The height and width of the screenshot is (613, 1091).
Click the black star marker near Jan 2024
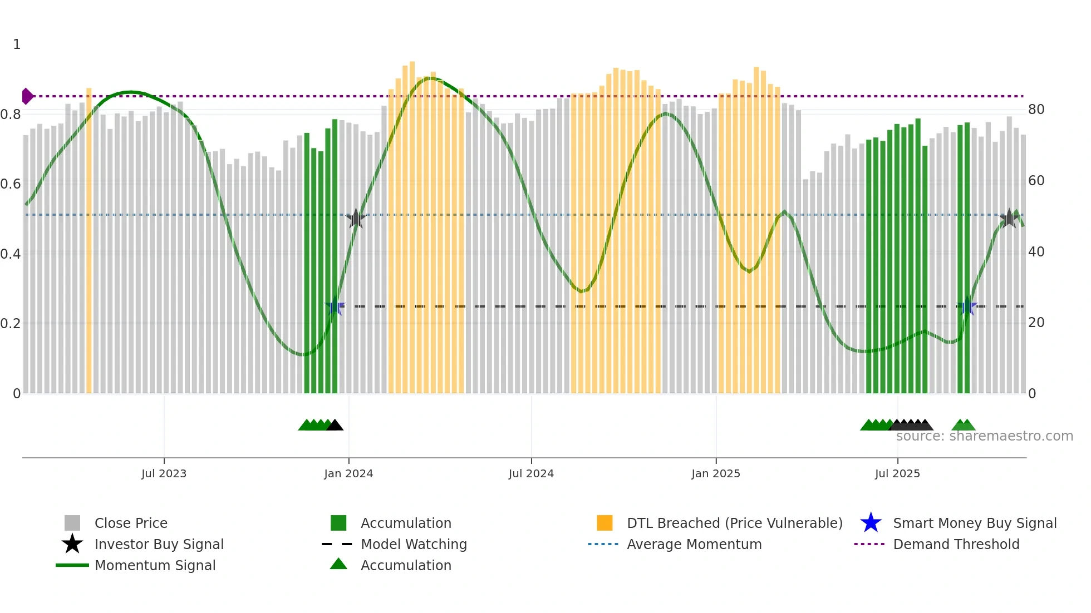(x=356, y=219)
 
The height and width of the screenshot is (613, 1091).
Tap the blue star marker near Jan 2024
(x=335, y=306)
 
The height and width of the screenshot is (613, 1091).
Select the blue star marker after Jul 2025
(x=966, y=306)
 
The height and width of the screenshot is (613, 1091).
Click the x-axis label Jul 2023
(x=164, y=473)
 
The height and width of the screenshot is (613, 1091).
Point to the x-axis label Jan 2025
(x=716, y=473)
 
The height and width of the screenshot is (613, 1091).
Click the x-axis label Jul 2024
(x=531, y=473)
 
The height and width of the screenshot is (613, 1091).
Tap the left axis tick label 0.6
(x=11, y=184)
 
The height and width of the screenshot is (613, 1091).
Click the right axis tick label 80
(x=1036, y=110)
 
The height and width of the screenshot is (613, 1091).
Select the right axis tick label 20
(x=1036, y=323)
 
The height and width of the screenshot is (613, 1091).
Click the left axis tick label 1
(x=17, y=45)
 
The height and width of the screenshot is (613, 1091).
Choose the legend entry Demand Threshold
(x=956, y=544)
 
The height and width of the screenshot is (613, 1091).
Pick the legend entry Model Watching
(x=414, y=544)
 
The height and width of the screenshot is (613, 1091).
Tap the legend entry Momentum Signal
(x=155, y=565)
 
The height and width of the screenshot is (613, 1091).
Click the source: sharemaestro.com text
(x=984, y=436)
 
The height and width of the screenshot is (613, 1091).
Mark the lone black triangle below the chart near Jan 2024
(x=335, y=425)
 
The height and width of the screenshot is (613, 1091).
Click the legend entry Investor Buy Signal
(x=159, y=544)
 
